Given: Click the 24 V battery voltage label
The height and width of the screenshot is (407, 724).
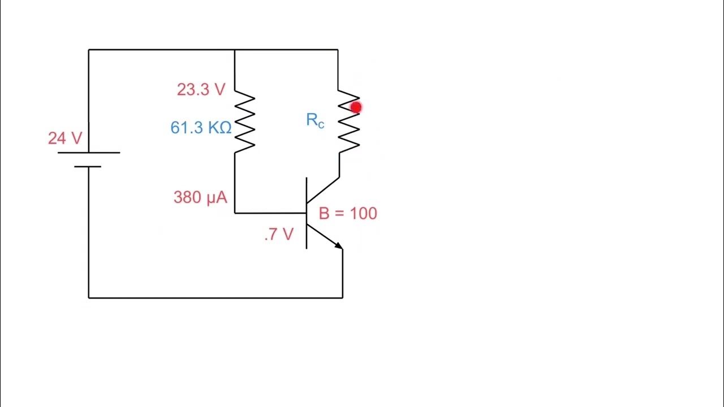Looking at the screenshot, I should point(65,138).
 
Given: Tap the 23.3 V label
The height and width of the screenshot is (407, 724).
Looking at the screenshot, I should point(201,89).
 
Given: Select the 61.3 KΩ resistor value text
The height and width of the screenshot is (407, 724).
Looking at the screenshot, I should point(201,128).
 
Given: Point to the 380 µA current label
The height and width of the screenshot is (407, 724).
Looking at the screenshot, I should point(200,197).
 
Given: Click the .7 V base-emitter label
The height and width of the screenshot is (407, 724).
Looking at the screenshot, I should point(279,235).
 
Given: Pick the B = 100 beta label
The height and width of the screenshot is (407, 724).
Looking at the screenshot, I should point(348,213).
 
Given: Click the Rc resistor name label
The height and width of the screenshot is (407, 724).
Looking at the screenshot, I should point(315,120).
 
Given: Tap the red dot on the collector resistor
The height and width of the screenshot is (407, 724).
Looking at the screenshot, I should point(355,107).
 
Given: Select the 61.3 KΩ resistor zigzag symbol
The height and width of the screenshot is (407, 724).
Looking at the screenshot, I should point(244,122).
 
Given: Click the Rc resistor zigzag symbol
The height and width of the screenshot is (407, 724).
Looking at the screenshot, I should point(348,122).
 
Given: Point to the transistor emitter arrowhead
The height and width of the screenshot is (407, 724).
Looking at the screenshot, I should point(338,245).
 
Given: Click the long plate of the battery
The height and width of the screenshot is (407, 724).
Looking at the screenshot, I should point(89,153).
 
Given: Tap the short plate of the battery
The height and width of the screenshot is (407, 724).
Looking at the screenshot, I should point(88,167).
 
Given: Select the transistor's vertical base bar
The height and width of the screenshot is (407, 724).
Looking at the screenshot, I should point(307,213).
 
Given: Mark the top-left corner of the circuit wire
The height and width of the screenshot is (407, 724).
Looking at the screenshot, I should point(89,50).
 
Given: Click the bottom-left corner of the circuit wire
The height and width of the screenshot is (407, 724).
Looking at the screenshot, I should point(89,297).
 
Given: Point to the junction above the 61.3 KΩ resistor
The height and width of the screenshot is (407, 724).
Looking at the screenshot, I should point(235,50).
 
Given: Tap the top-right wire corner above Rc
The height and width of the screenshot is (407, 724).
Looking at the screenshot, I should point(338,50).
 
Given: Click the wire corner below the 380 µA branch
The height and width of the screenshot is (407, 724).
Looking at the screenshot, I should point(235,213).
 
